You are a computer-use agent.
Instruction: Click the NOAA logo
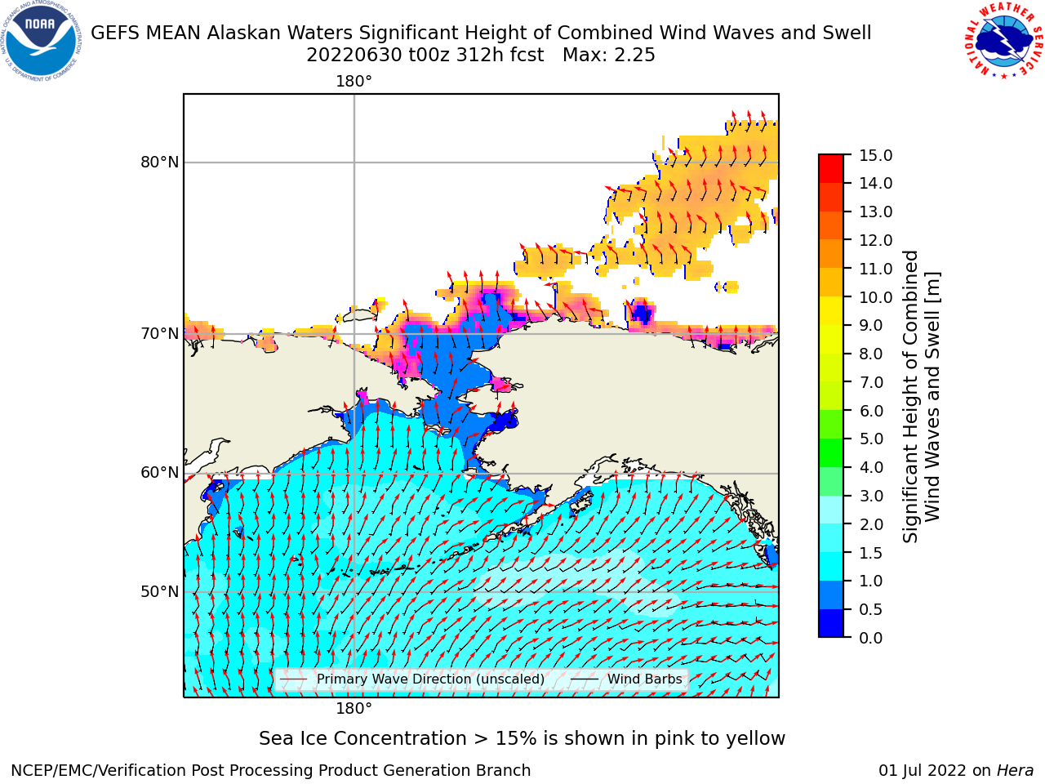click(41, 42)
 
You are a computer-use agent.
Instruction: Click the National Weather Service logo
click(1003, 41)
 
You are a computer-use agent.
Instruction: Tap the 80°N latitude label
click(159, 163)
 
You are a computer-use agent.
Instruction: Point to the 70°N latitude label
click(159, 334)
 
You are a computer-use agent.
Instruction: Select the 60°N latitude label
click(159, 473)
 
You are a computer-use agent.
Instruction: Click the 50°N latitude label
click(159, 592)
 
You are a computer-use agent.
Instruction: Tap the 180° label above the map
click(354, 82)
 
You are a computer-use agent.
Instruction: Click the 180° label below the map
click(354, 709)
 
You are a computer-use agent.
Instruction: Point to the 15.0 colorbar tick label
click(875, 155)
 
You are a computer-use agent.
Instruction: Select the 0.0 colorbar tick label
click(871, 638)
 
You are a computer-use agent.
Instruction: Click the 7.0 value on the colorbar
click(871, 382)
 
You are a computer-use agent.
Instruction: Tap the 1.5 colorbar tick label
click(871, 553)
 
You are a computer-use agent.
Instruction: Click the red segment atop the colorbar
click(831, 168)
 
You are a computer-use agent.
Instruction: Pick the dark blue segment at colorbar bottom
click(831, 622)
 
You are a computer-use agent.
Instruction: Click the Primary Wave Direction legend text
click(430, 679)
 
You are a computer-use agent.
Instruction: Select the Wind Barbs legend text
click(645, 679)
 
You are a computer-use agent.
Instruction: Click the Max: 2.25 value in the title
click(609, 56)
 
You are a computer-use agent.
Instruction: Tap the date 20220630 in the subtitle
click(354, 56)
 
